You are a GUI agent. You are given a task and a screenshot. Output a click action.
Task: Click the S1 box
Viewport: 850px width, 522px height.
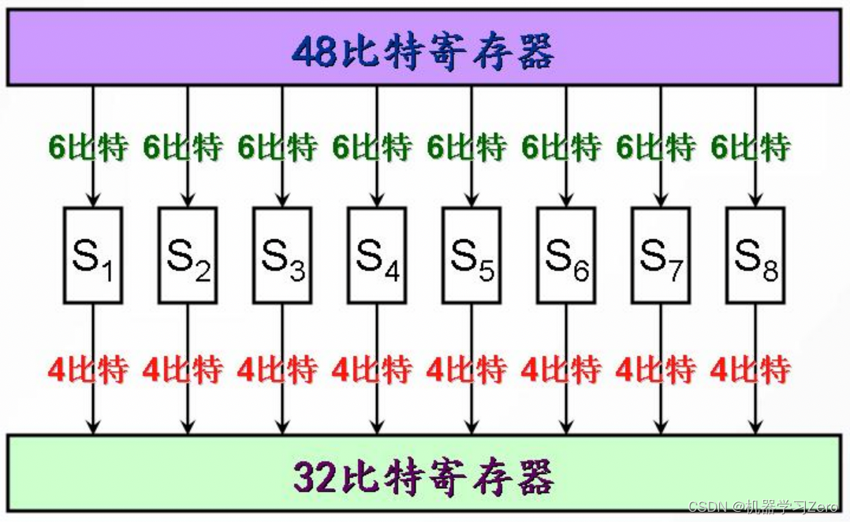pyautogui.click(x=93, y=255)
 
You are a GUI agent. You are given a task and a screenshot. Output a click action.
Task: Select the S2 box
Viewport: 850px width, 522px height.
pyautogui.click(x=188, y=255)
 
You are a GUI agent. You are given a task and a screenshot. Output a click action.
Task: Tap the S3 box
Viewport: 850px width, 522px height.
pyautogui.click(x=282, y=255)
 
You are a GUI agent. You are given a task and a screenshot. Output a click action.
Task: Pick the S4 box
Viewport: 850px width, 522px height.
pyautogui.click(x=377, y=255)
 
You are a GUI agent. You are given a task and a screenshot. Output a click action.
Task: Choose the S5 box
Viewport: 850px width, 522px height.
pyautogui.click(x=472, y=255)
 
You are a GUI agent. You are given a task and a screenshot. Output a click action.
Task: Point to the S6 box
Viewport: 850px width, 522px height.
pyautogui.click(x=566, y=255)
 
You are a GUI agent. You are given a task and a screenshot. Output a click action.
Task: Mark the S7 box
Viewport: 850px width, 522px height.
pyautogui.click(x=661, y=255)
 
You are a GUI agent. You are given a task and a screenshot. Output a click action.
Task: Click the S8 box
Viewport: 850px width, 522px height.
pyautogui.click(x=755, y=255)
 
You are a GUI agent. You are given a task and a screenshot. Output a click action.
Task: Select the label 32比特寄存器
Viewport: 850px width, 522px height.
pyautogui.click(x=423, y=475)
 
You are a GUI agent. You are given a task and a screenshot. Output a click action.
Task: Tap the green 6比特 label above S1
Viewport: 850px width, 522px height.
pyautogui.click(x=88, y=147)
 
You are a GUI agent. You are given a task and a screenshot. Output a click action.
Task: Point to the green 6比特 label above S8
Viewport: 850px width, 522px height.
pyautogui.click(x=750, y=147)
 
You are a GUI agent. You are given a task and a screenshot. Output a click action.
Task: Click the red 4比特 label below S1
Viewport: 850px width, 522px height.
pyautogui.click(x=88, y=369)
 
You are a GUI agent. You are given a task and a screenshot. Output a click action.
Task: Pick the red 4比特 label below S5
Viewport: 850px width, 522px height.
pyautogui.click(x=466, y=369)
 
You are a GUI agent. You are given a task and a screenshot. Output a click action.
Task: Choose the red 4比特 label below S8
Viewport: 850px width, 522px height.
pyautogui.click(x=750, y=369)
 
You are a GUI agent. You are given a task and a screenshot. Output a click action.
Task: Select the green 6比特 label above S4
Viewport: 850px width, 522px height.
pyautogui.click(x=371, y=147)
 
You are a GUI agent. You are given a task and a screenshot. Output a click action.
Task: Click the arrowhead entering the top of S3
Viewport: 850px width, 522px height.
pyautogui.click(x=282, y=201)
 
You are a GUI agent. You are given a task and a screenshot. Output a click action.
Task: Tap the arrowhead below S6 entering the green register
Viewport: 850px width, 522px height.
pyautogui.click(x=566, y=428)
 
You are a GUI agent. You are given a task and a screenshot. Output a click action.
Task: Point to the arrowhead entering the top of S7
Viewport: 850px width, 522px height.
pyautogui.click(x=661, y=201)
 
